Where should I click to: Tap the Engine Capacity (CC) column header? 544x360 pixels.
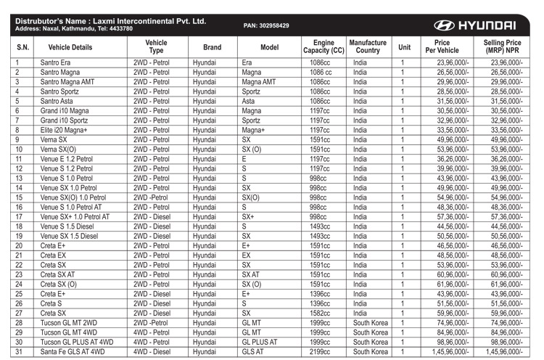point(323,47)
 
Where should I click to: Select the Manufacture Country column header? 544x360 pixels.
point(368,47)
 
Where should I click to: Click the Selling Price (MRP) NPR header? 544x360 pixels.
point(502,47)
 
